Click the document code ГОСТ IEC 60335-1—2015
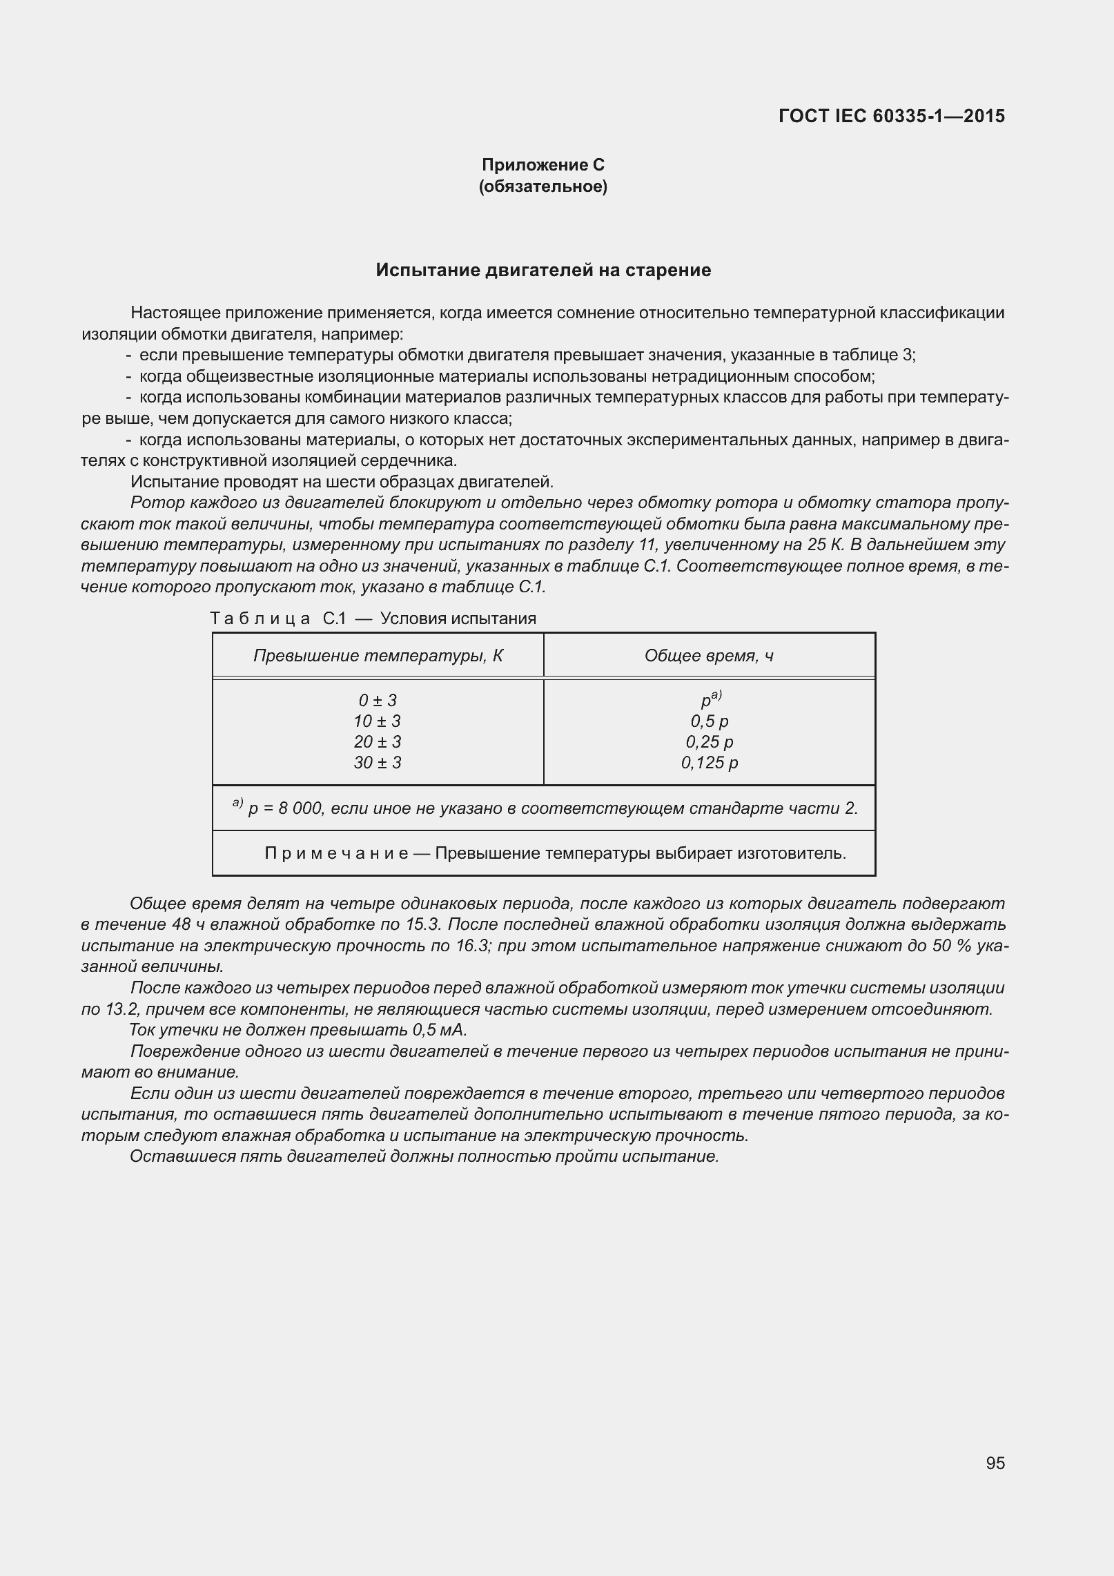tap(891, 116)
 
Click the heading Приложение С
tap(543, 165)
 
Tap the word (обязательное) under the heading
tap(543, 186)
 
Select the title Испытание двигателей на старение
tap(543, 270)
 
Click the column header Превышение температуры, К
tap(378, 655)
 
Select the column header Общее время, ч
tap(709, 655)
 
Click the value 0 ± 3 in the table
tap(378, 701)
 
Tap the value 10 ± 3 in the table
tap(377, 721)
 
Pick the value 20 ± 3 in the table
tap(377, 742)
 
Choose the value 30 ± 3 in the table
tap(377, 763)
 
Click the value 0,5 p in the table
tap(709, 721)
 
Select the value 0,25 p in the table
tap(709, 742)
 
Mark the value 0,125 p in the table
tap(709, 763)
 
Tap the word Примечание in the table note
tap(336, 853)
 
